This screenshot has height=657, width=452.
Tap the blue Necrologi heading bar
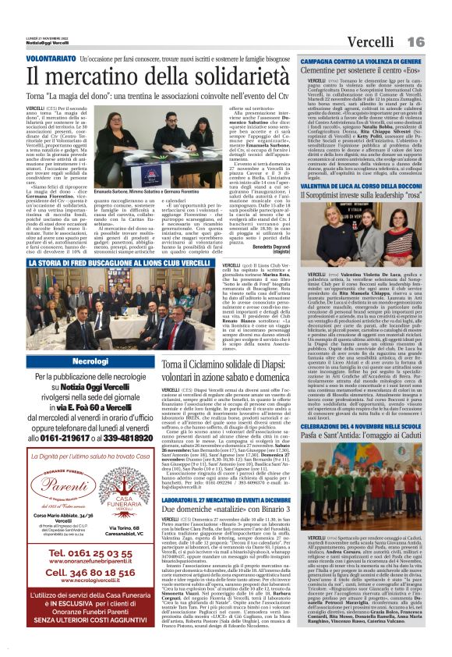coord(90,363)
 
